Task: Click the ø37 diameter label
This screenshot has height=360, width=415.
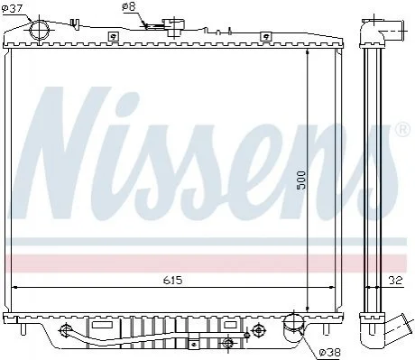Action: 12,8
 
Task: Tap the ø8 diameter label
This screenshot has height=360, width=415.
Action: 129,6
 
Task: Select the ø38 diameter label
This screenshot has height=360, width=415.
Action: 330,352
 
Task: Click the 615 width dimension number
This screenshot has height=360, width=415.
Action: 173,281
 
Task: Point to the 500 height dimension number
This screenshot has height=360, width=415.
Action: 300,180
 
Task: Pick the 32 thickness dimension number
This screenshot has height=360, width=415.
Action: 395,281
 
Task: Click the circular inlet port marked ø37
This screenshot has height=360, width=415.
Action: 40,30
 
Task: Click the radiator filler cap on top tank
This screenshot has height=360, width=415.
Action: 173,26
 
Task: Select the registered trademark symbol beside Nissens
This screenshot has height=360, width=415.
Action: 403,130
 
